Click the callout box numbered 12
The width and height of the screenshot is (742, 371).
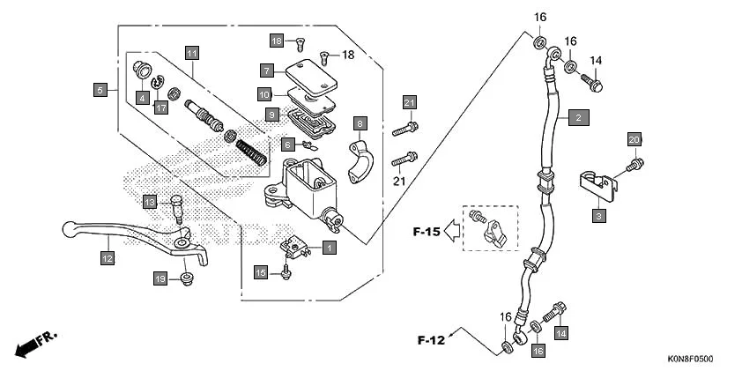107,258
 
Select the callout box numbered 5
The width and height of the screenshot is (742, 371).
100,89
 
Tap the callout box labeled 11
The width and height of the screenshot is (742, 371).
191,53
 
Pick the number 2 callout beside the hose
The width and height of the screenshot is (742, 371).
578,116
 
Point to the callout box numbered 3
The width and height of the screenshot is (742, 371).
598,214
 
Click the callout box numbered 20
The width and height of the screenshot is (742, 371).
634,139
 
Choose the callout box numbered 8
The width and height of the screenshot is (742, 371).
360,122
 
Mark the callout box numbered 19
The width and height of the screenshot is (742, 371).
160,278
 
